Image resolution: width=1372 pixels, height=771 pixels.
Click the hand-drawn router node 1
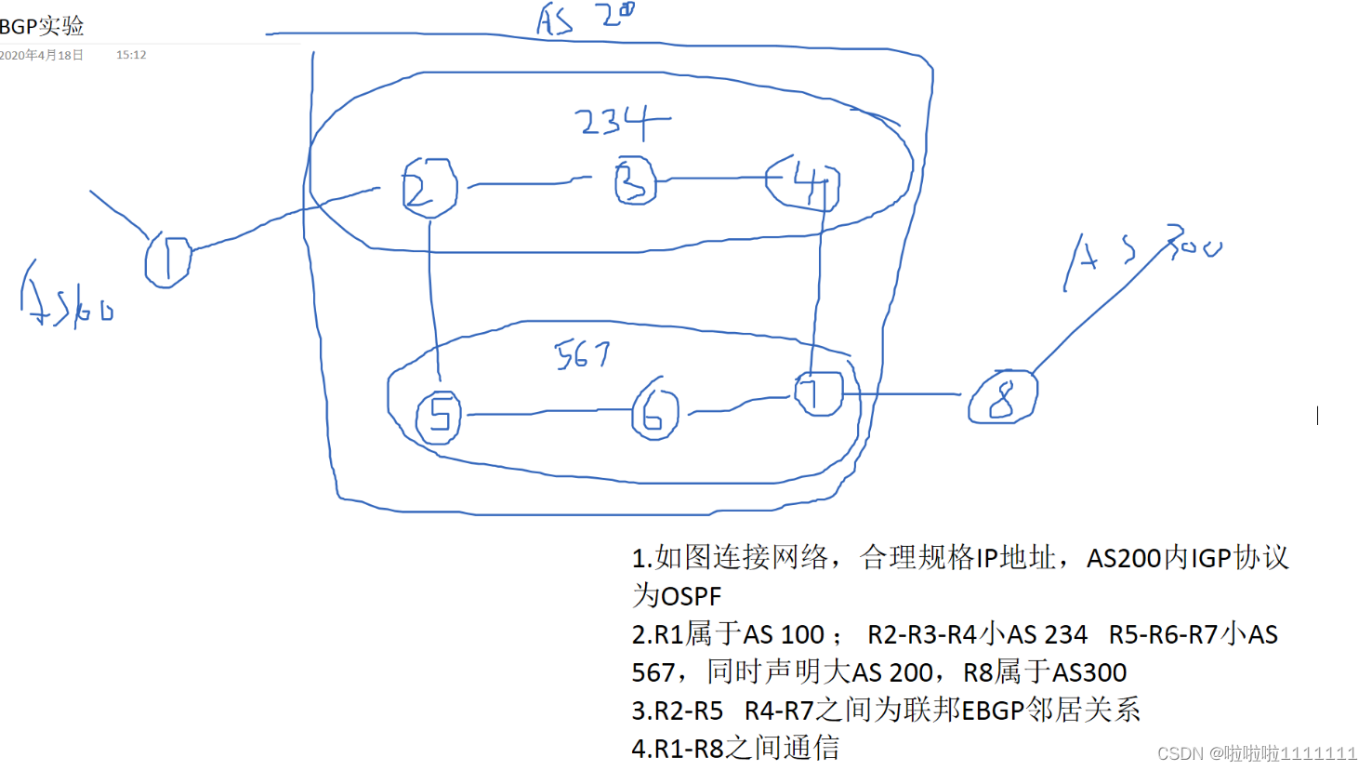click(167, 260)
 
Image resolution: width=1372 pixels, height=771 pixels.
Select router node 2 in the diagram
click(429, 187)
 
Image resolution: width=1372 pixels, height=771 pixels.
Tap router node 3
click(635, 181)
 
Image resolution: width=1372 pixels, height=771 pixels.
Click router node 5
click(439, 416)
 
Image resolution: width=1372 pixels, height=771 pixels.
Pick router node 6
click(654, 412)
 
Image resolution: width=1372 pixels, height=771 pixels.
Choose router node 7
click(818, 393)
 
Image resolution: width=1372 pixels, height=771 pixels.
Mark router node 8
click(1002, 398)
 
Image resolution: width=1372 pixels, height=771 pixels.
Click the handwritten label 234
click(621, 122)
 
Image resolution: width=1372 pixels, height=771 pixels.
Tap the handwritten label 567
click(582, 354)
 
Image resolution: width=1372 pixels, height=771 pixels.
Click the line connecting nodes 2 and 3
click(530, 183)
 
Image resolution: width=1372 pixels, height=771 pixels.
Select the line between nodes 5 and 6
click(548, 412)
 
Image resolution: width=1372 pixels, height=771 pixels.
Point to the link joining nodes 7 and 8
click(902, 394)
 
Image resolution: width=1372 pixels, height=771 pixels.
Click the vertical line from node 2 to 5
click(431, 298)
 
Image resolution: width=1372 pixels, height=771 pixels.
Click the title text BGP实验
click(43, 26)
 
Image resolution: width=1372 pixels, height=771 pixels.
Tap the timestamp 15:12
click(131, 55)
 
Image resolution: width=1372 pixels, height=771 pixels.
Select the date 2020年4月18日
click(42, 55)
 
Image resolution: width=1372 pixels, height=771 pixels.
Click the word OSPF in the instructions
click(691, 596)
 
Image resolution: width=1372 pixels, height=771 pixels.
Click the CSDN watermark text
click(1256, 753)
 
